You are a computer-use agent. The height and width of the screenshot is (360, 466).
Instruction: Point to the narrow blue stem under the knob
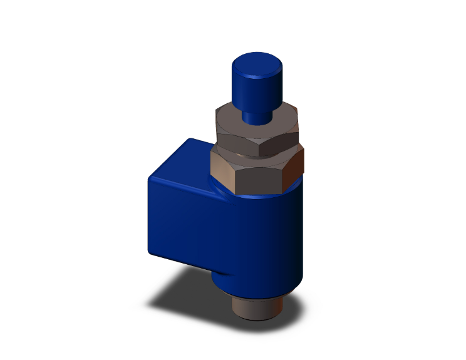click(257, 115)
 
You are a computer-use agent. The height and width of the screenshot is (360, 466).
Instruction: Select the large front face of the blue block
click(188, 219)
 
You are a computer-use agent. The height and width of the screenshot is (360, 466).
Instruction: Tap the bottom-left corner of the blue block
click(153, 250)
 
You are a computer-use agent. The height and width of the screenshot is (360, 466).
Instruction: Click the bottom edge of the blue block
click(182, 264)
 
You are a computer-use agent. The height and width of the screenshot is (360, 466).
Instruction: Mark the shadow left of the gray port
click(188, 297)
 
